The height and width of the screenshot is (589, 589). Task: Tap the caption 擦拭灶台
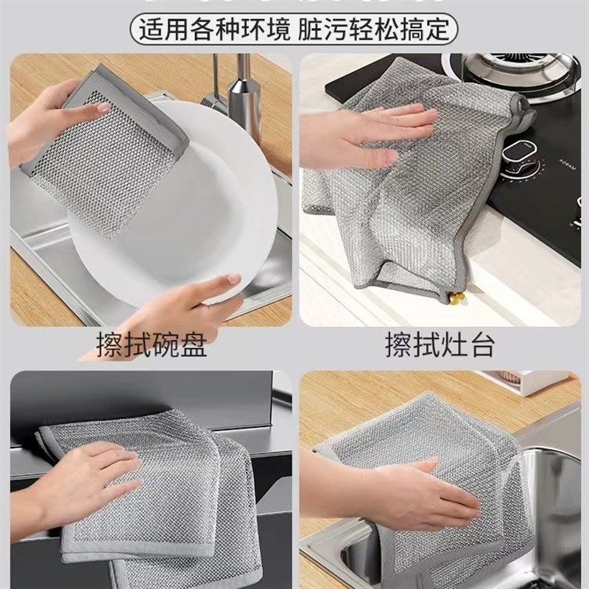pos(440,345)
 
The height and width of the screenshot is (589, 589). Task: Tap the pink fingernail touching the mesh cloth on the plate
pos(103,108)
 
